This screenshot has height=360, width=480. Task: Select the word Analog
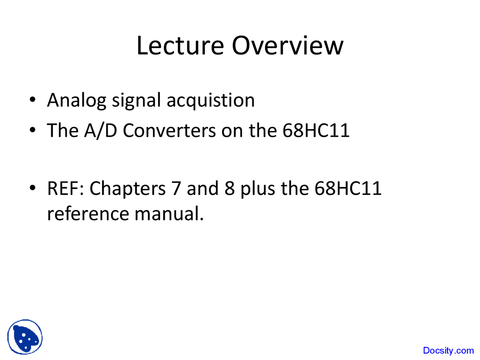tap(76, 101)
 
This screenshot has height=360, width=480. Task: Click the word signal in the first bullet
tap(136, 101)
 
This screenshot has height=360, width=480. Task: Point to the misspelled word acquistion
tap(210, 101)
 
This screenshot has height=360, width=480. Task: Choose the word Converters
tap(169, 130)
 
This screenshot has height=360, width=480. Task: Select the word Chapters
tap(127, 188)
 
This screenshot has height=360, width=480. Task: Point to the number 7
tap(176, 188)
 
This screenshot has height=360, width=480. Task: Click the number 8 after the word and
tap(229, 188)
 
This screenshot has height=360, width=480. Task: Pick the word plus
tap(258, 188)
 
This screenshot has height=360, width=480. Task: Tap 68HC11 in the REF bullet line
tap(348, 188)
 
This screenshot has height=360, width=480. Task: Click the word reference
tap(88, 214)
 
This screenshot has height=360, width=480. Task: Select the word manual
tap(169, 214)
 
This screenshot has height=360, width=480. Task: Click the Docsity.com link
tap(448, 351)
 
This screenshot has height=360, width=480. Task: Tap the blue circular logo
tap(25, 337)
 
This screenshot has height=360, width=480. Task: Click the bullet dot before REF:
tap(33, 188)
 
